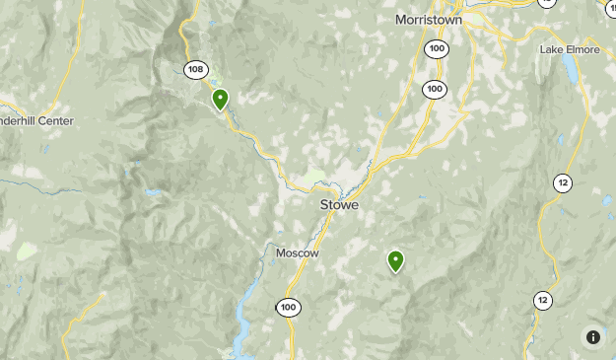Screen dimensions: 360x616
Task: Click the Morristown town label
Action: (428, 19)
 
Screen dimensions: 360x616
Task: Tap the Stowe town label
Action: (339, 205)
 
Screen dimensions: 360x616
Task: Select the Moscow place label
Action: (297, 252)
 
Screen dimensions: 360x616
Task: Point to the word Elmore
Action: (582, 49)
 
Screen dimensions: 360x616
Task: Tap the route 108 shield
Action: (195, 69)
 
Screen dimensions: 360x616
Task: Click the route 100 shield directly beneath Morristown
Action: (435, 48)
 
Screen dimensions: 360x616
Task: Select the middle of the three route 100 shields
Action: (435, 89)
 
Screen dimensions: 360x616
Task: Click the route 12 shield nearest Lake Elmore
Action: (562, 182)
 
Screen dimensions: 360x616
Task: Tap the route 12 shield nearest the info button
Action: (541, 300)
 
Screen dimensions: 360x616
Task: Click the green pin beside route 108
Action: (221, 99)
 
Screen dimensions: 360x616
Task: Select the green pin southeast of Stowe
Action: (395, 260)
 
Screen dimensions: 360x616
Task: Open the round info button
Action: (592, 337)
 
